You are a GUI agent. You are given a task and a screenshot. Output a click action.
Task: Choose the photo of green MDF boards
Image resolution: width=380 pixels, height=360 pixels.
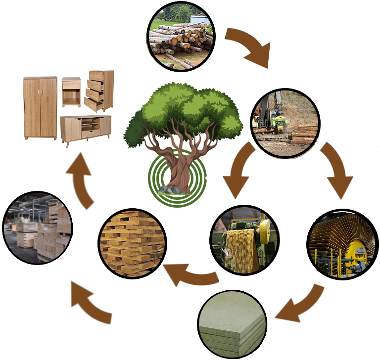pos(232,324)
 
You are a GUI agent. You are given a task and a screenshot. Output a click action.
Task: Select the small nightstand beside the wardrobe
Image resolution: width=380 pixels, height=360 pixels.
pos(71,92)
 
